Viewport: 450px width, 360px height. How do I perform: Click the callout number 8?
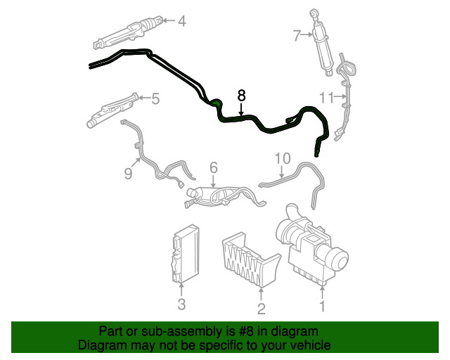[242, 94]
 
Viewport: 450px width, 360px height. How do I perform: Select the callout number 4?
[181, 21]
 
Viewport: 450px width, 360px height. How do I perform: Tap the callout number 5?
[155, 98]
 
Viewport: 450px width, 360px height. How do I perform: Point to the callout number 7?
[296, 34]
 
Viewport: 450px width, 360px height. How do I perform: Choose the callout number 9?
[128, 172]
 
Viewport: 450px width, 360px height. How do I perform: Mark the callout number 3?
[181, 304]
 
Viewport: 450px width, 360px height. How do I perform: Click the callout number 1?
[323, 306]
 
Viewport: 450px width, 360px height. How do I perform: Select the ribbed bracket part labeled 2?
[250, 259]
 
